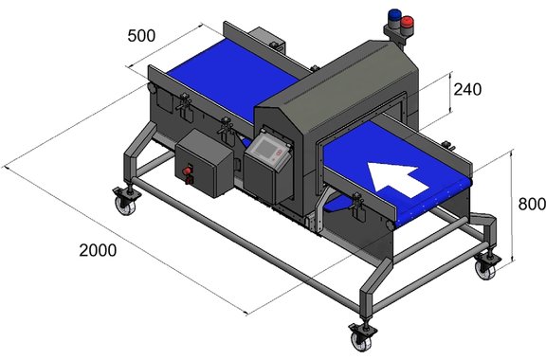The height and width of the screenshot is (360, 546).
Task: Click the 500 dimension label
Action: [141, 36]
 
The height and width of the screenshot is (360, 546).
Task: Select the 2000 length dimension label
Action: [98, 250]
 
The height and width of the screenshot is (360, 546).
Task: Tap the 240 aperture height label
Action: [467, 90]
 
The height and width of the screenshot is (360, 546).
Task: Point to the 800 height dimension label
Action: [532, 204]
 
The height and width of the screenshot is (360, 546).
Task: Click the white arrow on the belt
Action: [398, 179]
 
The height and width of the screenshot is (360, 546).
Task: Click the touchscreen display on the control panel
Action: [266, 148]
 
